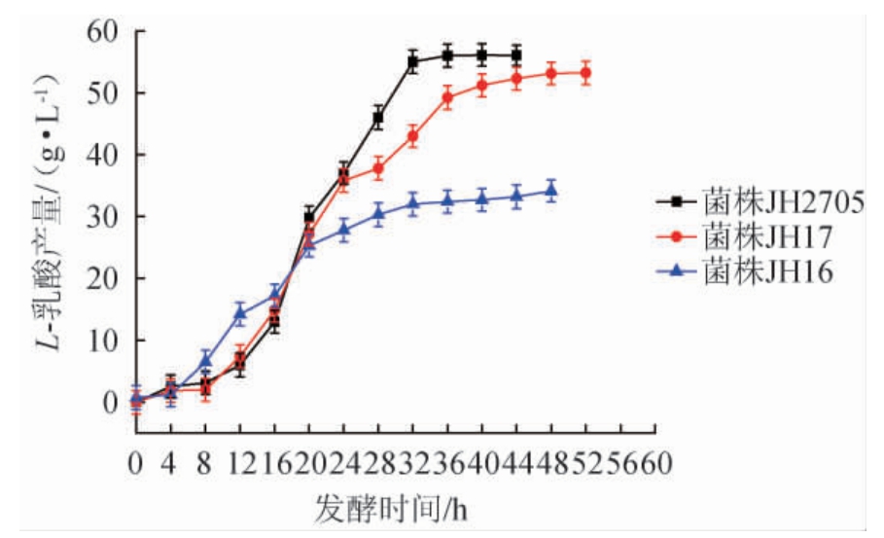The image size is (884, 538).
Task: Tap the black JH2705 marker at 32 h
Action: (x=412, y=61)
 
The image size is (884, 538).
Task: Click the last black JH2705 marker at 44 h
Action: (x=516, y=55)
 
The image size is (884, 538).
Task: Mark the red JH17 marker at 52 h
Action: (x=585, y=73)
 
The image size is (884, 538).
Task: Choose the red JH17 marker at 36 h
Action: (x=447, y=96)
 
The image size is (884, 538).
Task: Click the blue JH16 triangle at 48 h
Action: (x=551, y=191)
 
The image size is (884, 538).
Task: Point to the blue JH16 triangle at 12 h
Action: (x=239, y=312)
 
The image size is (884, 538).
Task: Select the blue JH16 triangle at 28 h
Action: (x=378, y=213)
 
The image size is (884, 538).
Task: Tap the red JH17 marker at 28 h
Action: (x=378, y=168)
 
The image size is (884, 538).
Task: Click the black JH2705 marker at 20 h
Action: (x=309, y=216)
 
